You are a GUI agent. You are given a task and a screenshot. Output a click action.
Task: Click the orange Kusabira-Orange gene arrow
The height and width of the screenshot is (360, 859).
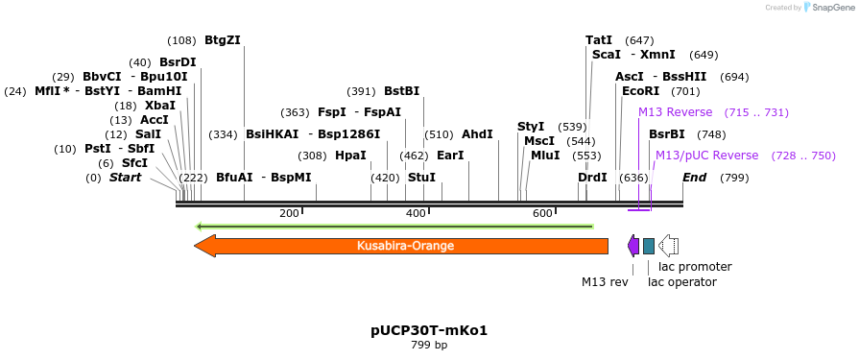pos(403,246)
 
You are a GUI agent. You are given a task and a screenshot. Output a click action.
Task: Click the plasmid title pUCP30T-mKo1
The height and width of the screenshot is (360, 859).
pos(429,330)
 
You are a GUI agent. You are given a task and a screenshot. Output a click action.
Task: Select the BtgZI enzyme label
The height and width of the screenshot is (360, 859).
pos(223,40)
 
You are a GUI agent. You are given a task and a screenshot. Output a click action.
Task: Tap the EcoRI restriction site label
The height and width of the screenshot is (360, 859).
pos(641,91)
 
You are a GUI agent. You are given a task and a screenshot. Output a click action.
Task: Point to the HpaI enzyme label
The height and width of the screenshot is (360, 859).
pos(350,156)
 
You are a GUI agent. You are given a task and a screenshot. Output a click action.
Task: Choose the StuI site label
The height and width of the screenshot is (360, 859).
pos(421,178)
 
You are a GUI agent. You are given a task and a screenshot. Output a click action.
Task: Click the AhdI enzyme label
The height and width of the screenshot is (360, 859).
pos(477,134)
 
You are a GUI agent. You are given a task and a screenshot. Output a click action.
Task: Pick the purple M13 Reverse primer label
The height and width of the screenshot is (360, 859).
pos(676,113)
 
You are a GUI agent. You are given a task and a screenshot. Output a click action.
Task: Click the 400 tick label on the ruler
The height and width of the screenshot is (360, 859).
pos(416,213)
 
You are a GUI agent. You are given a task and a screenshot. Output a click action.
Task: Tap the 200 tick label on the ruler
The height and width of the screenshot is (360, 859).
pos(289,213)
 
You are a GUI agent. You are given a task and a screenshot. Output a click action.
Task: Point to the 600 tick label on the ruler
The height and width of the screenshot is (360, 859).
pos(541,213)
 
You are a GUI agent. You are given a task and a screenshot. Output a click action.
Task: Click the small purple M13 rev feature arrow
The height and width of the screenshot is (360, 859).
pos(633,246)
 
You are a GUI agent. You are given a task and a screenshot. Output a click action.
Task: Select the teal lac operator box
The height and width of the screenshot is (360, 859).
pos(649,246)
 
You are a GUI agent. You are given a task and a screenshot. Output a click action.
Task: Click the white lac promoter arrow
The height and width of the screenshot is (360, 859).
pos(669,246)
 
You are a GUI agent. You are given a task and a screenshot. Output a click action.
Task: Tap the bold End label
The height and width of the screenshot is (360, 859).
pos(694,178)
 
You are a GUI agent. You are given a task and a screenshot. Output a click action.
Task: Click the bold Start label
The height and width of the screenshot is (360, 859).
pos(125,178)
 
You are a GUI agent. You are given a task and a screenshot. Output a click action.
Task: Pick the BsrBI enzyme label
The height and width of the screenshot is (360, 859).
pos(667,134)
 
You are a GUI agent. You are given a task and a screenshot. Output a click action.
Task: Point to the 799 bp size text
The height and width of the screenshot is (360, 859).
pos(429,345)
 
